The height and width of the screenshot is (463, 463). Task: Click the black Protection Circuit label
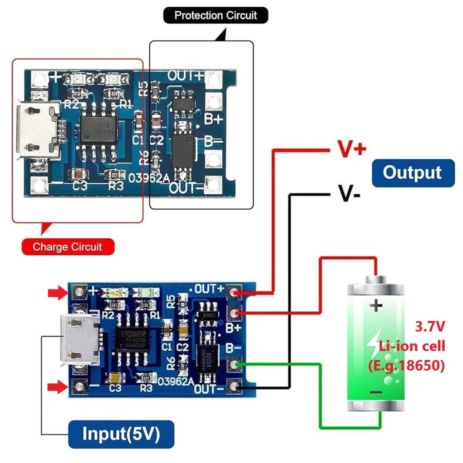pyautogui.click(x=215, y=15)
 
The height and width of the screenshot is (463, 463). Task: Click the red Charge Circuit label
pyautogui.click(x=67, y=246)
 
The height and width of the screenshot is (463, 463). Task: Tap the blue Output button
pyautogui.click(x=412, y=173)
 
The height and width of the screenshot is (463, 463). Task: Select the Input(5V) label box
pyautogui.click(x=121, y=433)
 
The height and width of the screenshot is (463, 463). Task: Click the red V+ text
pyautogui.click(x=351, y=148)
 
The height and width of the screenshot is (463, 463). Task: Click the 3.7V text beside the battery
pyautogui.click(x=430, y=327)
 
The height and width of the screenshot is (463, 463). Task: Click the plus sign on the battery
pyautogui.click(x=375, y=305)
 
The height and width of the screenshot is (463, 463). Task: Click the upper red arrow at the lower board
pyautogui.click(x=56, y=292)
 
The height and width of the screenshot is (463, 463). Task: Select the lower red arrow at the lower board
pyautogui.click(x=56, y=386)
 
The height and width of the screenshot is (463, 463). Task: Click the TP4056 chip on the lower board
pyautogui.click(x=131, y=338)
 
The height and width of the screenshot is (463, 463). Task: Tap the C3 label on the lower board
pyautogui.click(x=115, y=387)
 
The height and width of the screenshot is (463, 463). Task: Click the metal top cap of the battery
pyautogui.click(x=376, y=278)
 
